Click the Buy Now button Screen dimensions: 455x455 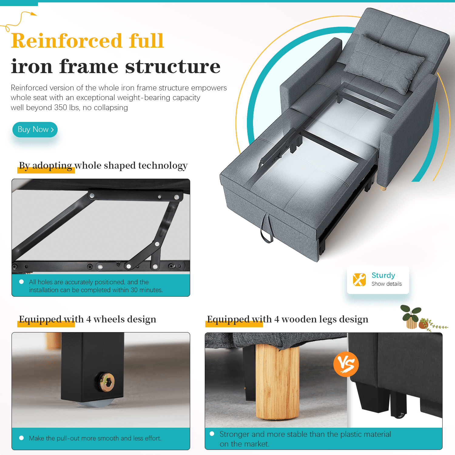35,130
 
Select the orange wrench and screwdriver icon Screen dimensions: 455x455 359,279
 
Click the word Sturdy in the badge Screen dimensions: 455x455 383,275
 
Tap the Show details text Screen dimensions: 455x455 387,284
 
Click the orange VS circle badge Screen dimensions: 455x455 346,364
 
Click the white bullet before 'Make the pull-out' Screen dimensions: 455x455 22,438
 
